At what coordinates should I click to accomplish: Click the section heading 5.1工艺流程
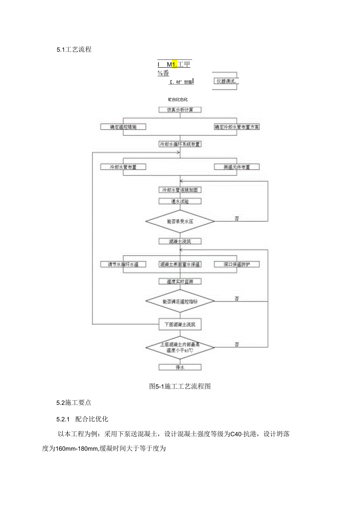pos(74,50)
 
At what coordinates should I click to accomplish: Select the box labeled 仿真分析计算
pos(180,110)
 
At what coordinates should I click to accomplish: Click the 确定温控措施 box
pos(123,127)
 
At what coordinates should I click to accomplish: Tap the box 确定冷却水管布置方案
pos(237,127)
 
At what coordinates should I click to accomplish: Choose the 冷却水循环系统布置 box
pos(180,144)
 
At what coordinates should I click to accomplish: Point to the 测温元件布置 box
pos(237,167)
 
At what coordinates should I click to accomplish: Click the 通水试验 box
pos(180,201)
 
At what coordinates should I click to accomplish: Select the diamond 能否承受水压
pos(180,221)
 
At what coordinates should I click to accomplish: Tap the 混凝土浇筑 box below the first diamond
pos(180,242)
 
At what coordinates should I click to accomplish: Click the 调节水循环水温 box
pos(123,265)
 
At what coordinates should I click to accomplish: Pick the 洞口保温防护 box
pos(237,265)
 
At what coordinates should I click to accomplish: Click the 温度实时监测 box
pos(180,282)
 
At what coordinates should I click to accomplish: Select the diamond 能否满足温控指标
pos(180,302)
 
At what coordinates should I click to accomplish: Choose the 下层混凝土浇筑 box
pos(180,324)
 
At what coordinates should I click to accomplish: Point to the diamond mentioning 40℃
pos(180,347)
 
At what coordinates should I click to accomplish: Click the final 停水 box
pos(180,367)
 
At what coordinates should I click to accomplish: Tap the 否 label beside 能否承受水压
pos(237,218)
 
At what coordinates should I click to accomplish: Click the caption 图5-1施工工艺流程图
pos(180,387)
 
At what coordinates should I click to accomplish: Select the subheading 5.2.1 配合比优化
pos(85,419)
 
